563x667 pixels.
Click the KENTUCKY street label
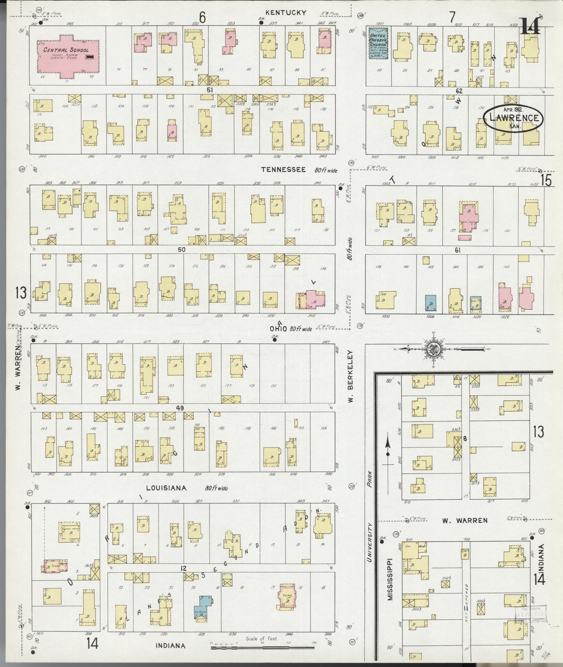286,13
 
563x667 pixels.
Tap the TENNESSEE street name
284,170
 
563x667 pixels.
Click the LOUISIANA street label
166,488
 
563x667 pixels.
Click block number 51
210,90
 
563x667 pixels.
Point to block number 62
459,91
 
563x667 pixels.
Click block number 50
182,250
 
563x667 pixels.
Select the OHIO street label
278,329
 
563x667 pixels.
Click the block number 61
458,250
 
